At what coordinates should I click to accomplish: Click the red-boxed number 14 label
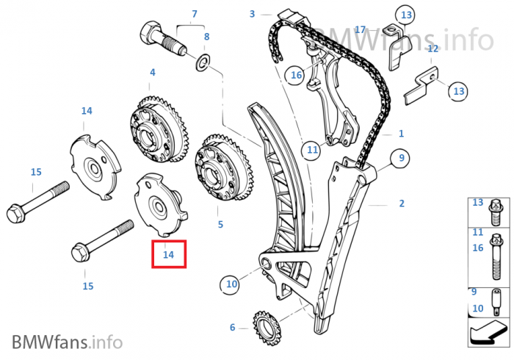(168, 254)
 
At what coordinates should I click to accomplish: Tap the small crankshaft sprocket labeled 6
(266, 328)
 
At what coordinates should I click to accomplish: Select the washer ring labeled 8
(203, 62)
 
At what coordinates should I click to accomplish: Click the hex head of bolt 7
(150, 32)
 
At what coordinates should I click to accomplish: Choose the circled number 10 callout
(231, 284)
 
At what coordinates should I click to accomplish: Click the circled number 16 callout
(296, 75)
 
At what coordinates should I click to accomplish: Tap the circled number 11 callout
(312, 150)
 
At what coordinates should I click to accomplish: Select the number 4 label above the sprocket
(153, 72)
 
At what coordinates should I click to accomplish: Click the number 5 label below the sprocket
(220, 225)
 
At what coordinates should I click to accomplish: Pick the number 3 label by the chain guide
(252, 14)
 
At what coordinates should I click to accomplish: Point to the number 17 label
(360, 30)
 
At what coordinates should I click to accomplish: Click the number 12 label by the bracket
(432, 48)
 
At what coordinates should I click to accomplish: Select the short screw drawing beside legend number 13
(495, 212)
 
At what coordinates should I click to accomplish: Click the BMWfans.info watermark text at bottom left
(68, 342)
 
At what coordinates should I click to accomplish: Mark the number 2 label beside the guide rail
(402, 204)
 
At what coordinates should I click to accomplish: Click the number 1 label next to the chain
(401, 134)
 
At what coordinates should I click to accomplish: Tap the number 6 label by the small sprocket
(233, 327)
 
